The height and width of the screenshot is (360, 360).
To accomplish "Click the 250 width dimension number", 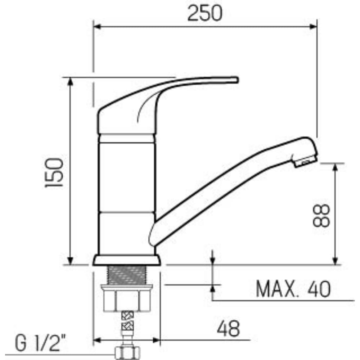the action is [205, 13].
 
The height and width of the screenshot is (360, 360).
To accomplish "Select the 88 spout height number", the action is [321, 216].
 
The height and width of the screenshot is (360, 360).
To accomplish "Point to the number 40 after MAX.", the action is [319, 289].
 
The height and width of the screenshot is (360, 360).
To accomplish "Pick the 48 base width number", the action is [229, 328].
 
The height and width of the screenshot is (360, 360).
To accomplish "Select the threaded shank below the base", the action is [126, 275].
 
